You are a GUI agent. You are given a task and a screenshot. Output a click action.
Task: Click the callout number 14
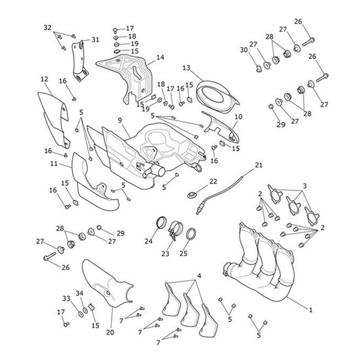[x=160, y=58]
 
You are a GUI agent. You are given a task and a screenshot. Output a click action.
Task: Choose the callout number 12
[x=44, y=79]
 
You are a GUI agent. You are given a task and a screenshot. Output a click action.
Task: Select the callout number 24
[x=148, y=241]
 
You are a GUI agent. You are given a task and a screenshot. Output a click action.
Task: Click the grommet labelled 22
[x=194, y=194]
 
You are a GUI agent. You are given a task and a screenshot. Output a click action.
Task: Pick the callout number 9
[x=120, y=120]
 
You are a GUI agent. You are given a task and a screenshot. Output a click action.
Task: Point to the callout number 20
[x=110, y=333]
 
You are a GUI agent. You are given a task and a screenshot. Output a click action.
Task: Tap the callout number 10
[x=238, y=117]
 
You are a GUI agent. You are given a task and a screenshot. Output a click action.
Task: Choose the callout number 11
[x=54, y=164]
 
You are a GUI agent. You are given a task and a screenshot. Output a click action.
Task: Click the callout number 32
[x=46, y=27]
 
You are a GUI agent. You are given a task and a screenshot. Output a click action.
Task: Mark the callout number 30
[x=243, y=50]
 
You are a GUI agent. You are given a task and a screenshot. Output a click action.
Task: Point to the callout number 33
[x=66, y=298]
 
